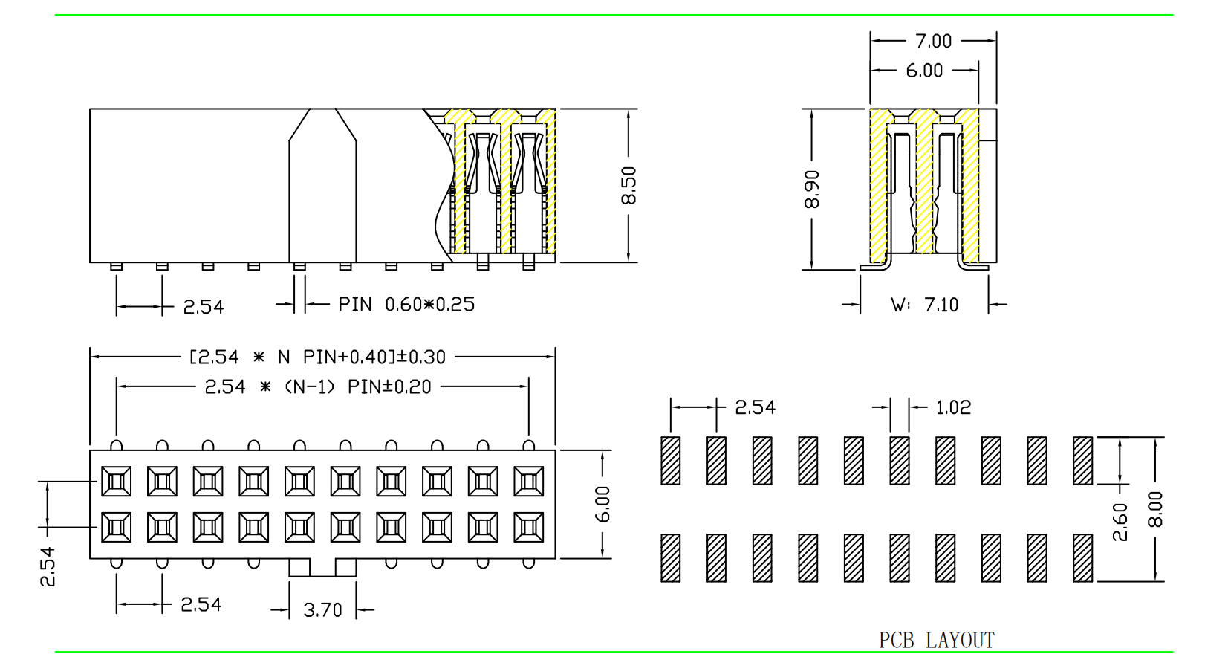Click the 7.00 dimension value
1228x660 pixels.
(x=933, y=41)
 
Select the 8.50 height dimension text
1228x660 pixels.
(x=628, y=186)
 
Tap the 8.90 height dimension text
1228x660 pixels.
(x=811, y=190)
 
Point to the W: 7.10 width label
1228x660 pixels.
(x=925, y=305)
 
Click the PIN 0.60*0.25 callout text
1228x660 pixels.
(x=406, y=304)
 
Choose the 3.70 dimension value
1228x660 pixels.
(x=322, y=610)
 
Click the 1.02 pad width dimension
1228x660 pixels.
(x=953, y=407)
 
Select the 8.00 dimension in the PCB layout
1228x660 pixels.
(x=1155, y=509)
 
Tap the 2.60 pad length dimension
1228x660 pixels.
(x=1120, y=522)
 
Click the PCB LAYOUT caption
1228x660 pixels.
(x=936, y=640)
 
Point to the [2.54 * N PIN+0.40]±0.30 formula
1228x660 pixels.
(x=318, y=357)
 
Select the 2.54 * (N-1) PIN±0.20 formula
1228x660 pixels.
(x=318, y=387)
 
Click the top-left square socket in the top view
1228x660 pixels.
(x=117, y=482)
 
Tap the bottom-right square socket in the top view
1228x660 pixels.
(x=529, y=528)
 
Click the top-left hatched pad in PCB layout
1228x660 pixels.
(x=671, y=461)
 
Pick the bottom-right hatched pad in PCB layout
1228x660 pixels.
(x=1083, y=558)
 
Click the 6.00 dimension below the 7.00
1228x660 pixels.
(x=924, y=71)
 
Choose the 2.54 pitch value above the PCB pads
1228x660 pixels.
(x=755, y=407)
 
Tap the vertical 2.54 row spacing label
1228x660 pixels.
(x=47, y=566)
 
